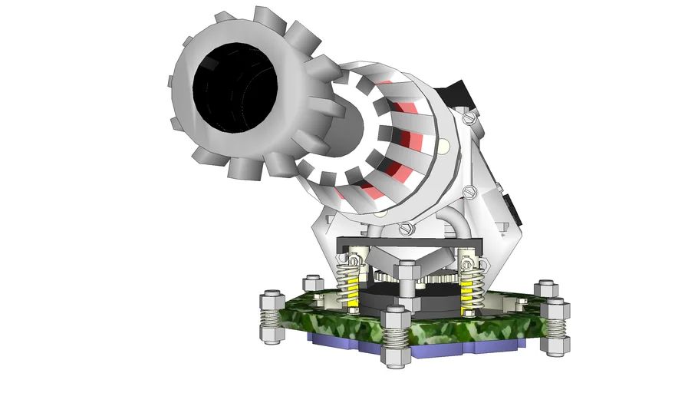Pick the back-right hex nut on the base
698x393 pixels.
pos(545,289)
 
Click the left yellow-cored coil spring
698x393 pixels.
pos(350,284)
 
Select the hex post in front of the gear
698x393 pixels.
pos(406,284)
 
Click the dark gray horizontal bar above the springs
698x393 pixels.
pos(407,245)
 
